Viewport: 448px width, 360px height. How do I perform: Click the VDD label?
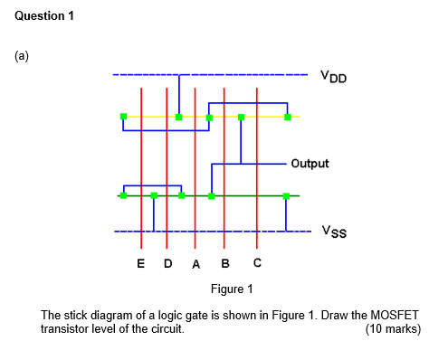click(332, 78)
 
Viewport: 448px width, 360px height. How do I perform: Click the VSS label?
click(332, 232)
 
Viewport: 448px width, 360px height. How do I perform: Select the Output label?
click(310, 164)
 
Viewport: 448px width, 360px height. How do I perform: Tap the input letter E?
click(140, 264)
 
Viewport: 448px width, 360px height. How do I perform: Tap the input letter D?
click(167, 264)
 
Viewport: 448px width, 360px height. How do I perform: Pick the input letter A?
click(195, 264)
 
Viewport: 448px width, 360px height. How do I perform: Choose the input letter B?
click(225, 264)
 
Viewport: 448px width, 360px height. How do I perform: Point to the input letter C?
click(258, 263)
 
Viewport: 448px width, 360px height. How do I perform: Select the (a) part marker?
click(22, 56)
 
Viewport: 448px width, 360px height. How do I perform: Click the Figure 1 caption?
click(232, 289)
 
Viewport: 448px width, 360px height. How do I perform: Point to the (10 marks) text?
click(393, 329)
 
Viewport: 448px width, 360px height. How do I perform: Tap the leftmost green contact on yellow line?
click(123, 117)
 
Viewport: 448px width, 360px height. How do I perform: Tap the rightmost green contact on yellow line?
click(288, 117)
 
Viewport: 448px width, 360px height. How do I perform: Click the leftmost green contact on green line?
click(123, 195)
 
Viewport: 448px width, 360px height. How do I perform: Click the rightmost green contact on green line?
click(286, 195)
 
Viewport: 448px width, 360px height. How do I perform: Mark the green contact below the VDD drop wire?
click(179, 117)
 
